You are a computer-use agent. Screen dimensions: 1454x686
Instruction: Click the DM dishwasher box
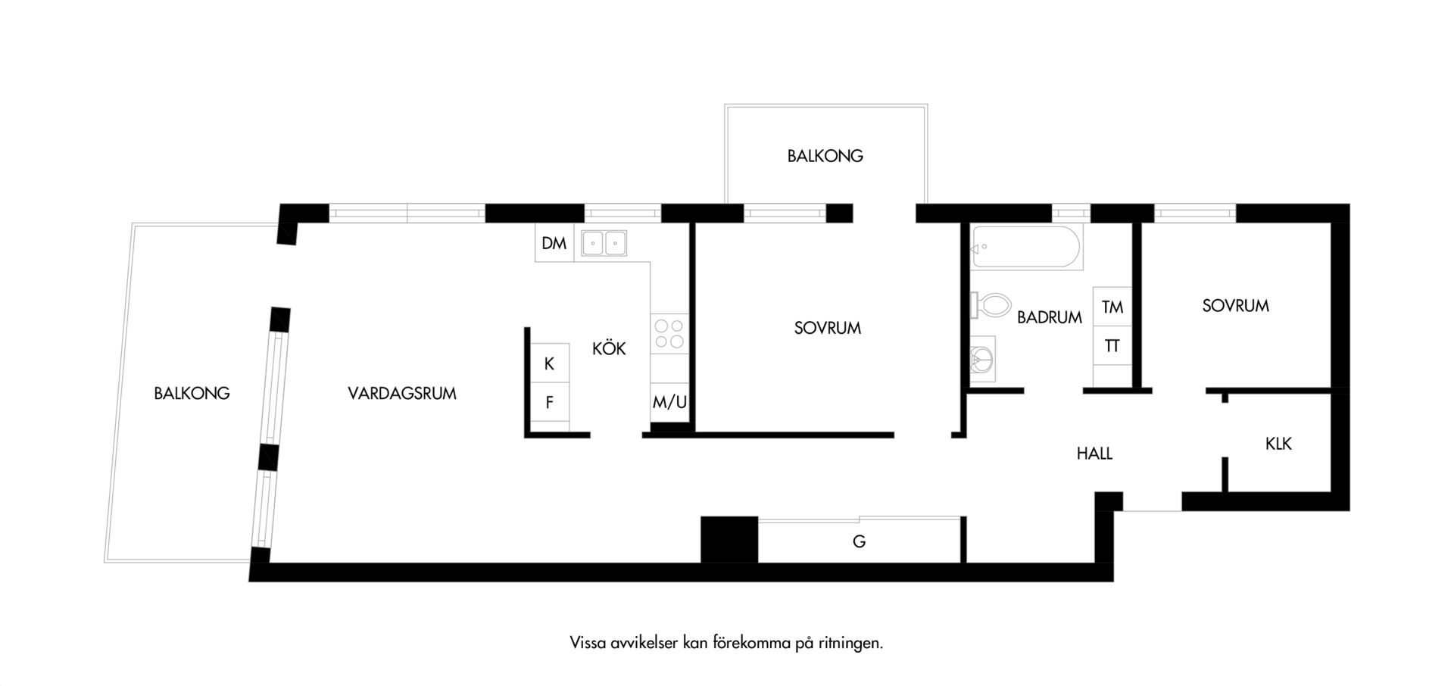point(554,243)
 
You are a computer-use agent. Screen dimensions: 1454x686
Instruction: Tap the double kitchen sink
point(604,243)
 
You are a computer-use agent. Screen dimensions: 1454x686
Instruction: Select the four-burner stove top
point(669,334)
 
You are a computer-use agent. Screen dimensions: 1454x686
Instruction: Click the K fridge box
point(550,363)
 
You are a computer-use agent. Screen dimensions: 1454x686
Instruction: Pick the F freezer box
point(550,403)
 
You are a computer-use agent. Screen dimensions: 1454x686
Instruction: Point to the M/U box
point(669,402)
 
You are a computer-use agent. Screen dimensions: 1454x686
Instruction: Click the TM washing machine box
point(1112,307)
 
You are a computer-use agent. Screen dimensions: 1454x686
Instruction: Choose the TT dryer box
point(1112,346)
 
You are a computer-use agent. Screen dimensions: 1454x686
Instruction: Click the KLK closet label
point(1278,444)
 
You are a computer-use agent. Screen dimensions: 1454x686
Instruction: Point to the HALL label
point(1094,454)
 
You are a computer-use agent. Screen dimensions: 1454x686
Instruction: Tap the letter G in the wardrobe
point(859,541)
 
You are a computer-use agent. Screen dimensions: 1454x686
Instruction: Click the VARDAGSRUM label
point(402,393)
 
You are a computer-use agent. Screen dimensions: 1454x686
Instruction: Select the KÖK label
point(609,348)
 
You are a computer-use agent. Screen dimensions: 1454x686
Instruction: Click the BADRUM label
point(1049,317)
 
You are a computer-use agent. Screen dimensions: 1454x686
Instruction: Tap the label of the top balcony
point(825,156)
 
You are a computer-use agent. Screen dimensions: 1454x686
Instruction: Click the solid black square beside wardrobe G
point(729,540)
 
